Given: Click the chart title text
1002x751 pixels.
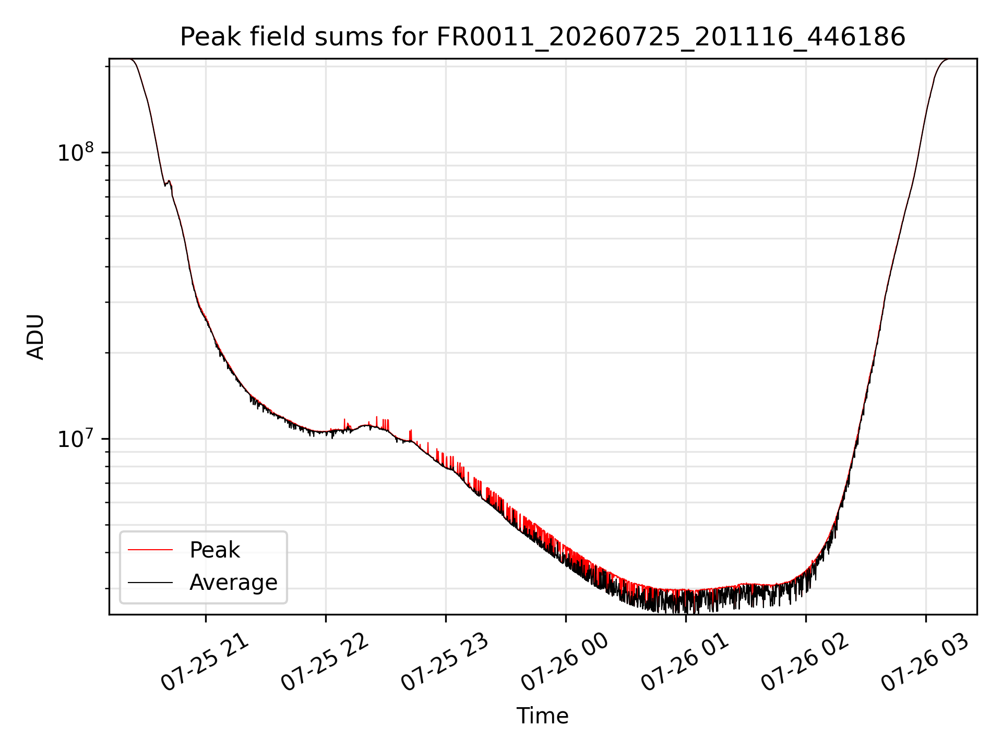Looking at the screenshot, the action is coord(543,37).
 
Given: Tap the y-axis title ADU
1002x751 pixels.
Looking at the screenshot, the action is coord(35,336).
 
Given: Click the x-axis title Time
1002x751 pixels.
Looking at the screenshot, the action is coord(543,716).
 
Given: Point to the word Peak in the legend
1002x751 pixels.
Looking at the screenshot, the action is coord(214,550).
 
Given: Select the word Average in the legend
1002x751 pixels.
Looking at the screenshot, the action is coord(233,582).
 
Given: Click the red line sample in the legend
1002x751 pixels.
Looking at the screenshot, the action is coord(150,550).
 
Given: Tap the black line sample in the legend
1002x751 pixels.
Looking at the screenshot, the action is coord(150,582).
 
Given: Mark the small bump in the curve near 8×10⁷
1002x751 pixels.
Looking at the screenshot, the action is coord(168,183).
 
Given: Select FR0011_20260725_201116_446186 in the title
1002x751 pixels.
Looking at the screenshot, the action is coord(671,38).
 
